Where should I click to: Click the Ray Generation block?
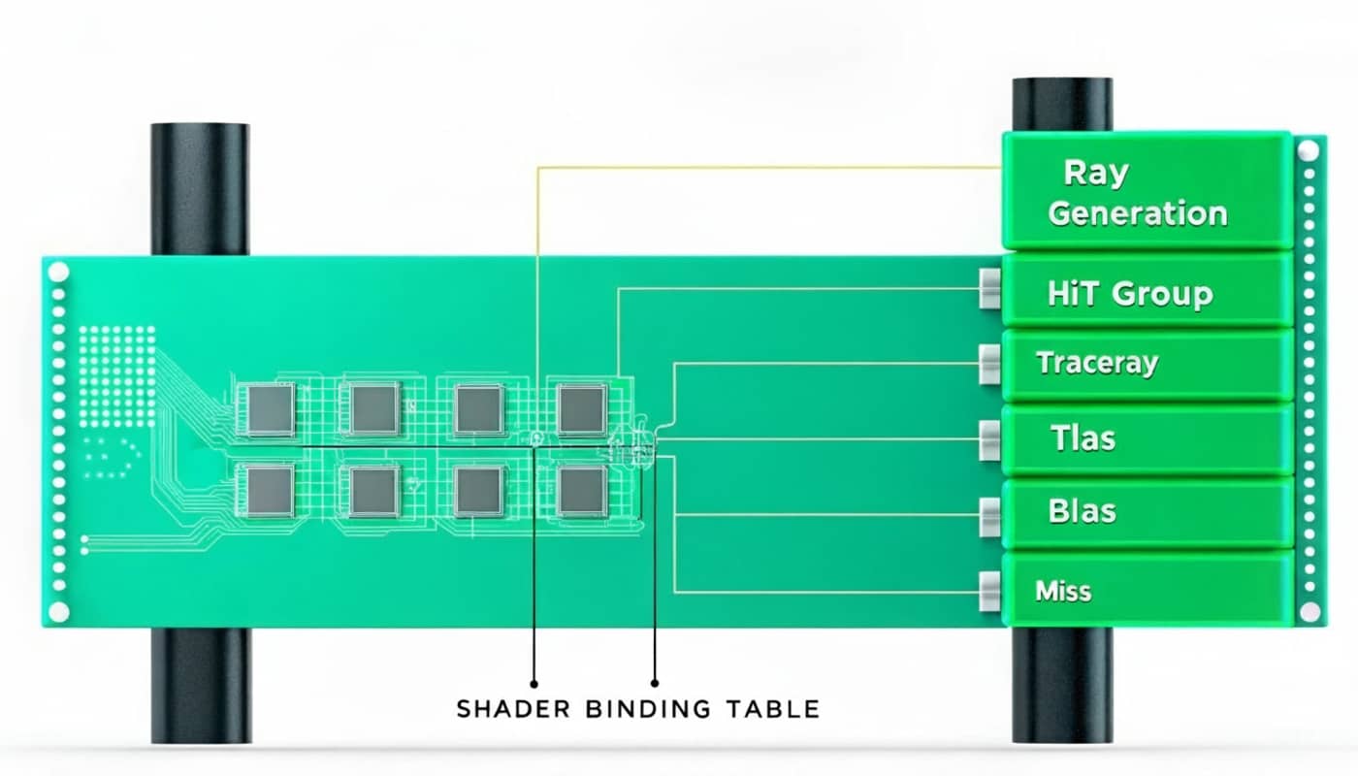[1145, 192]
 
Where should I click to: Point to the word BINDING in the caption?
[648, 709]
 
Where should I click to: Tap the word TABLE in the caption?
[772, 709]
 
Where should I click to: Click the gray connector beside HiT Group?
[989, 289]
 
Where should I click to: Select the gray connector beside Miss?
[989, 591]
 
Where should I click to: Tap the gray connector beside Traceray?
[989, 364]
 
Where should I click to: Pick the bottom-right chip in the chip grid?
[582, 491]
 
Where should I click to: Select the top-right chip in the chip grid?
[582, 408]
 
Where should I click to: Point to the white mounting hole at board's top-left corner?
[58, 272]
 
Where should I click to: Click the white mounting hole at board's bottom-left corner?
[58, 611]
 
